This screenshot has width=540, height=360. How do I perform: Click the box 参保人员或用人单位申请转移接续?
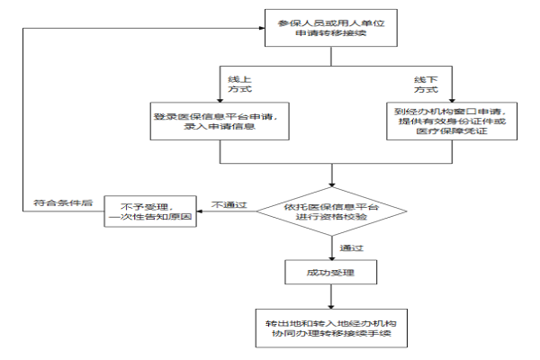click(x=331, y=28)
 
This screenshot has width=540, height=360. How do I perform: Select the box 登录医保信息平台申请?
click(x=220, y=121)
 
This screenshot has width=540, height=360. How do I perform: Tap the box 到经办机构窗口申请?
click(x=452, y=121)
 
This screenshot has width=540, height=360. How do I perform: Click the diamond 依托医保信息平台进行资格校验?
click(x=331, y=211)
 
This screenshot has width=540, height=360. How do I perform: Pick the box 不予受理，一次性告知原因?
click(x=150, y=211)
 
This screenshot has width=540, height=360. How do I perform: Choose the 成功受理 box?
click(x=331, y=272)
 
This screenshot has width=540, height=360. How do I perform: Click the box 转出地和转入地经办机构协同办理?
click(x=331, y=328)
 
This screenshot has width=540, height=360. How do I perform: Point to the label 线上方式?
click(x=239, y=85)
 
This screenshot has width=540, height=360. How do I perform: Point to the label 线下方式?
click(x=426, y=85)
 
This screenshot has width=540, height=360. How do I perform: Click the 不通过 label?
click(x=229, y=205)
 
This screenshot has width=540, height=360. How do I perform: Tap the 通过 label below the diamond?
click(x=351, y=248)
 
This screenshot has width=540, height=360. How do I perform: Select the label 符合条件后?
click(x=63, y=202)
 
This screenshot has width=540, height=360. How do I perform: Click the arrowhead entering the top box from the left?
click(x=262, y=28)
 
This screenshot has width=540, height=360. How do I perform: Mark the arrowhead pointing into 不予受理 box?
click(x=200, y=211)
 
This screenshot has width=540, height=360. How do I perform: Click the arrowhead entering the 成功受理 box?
click(x=331, y=257)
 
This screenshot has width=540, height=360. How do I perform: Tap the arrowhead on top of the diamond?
click(x=331, y=184)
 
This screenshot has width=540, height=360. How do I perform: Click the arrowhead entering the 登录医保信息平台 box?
click(x=220, y=100)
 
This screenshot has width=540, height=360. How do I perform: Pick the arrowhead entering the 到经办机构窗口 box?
click(x=452, y=100)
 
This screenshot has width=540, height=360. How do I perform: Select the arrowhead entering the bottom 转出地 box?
click(x=331, y=307)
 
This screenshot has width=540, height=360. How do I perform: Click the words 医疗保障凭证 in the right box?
click(x=452, y=130)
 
